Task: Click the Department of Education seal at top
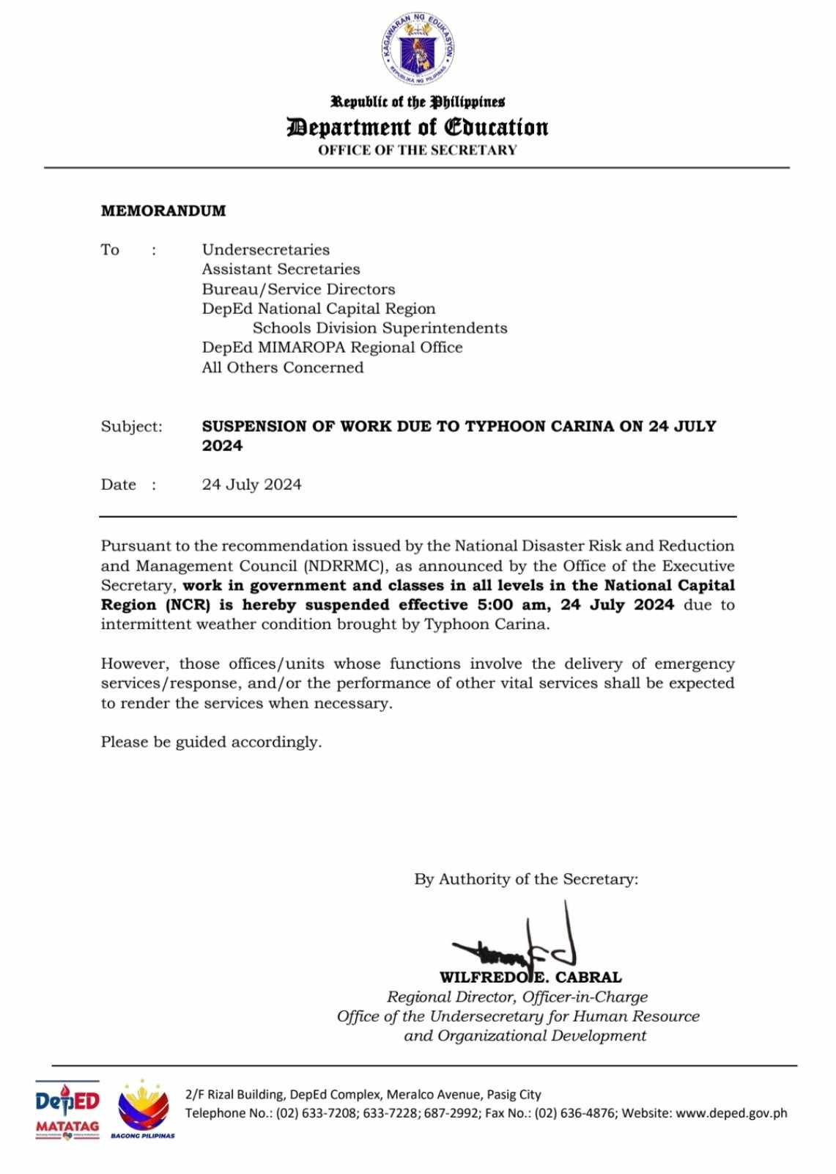tap(417, 49)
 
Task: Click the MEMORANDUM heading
tap(163, 211)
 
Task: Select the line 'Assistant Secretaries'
tap(281, 269)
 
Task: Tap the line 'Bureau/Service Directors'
tap(298, 289)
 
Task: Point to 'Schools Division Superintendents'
tap(380, 328)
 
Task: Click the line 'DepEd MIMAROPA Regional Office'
tap(332, 348)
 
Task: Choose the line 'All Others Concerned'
tap(282, 367)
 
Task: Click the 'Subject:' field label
tap(132, 427)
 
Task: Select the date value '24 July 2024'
tap(251, 485)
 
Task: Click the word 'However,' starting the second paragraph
tap(136, 664)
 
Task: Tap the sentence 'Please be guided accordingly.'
tap(211, 742)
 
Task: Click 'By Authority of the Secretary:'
tap(526, 879)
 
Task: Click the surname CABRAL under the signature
tap(588, 977)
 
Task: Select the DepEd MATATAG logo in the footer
tap(67, 1109)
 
